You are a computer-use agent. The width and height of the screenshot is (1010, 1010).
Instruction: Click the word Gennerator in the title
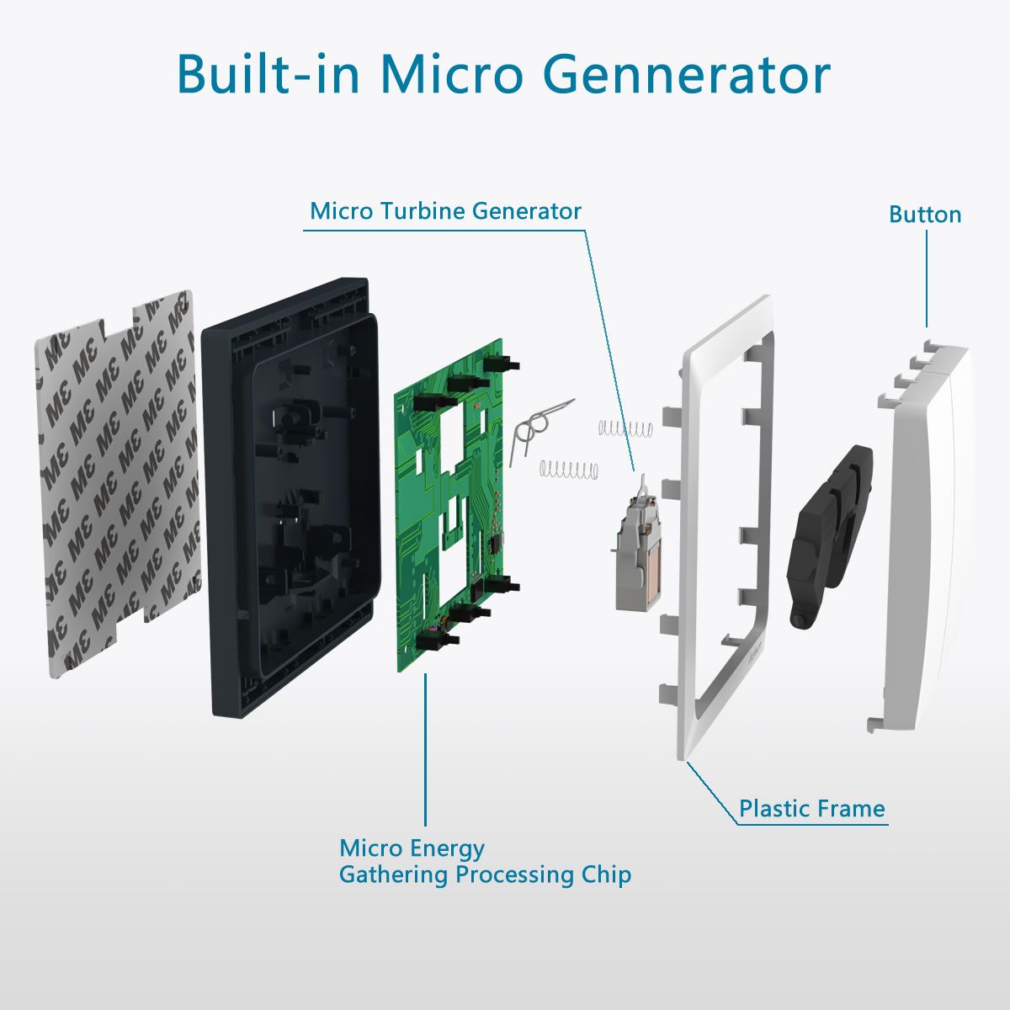click(687, 74)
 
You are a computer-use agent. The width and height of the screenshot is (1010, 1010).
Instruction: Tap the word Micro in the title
click(452, 74)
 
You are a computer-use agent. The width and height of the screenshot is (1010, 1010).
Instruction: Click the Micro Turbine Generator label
click(445, 211)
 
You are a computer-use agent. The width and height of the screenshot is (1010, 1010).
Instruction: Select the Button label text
click(925, 215)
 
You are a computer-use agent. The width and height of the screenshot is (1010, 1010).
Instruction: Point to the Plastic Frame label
click(812, 809)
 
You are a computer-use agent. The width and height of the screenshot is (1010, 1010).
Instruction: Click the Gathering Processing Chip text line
click(486, 874)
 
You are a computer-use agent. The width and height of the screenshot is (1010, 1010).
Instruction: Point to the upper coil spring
click(626, 428)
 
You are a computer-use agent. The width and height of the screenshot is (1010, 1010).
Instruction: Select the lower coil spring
click(569, 470)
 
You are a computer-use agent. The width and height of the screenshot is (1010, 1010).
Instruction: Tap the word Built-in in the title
click(268, 74)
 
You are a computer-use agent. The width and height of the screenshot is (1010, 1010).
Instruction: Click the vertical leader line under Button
click(927, 279)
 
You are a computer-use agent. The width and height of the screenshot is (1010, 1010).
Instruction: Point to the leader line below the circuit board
click(425, 750)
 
